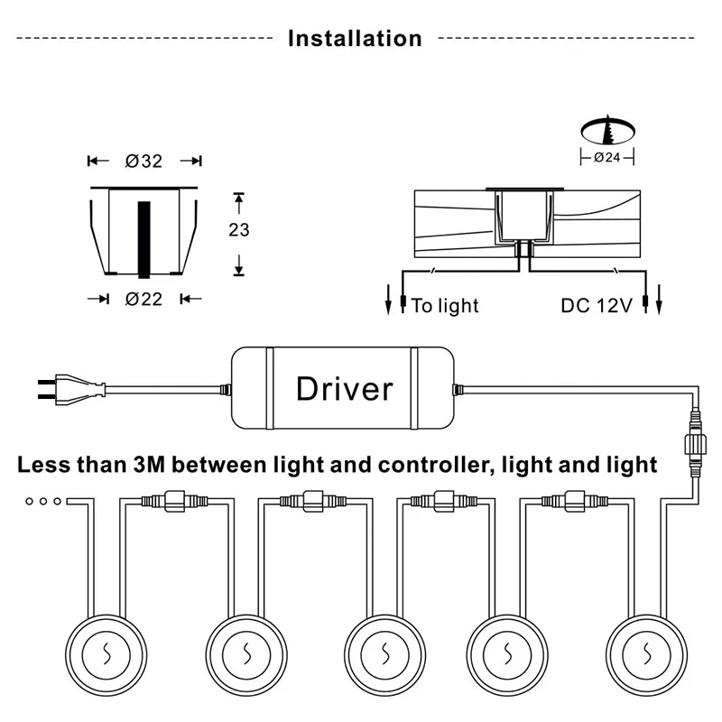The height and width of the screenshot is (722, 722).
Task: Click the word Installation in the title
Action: pyautogui.click(x=355, y=39)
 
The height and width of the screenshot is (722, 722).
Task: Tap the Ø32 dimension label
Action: pyautogui.click(x=143, y=162)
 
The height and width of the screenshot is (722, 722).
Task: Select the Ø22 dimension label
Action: pyautogui.click(x=143, y=300)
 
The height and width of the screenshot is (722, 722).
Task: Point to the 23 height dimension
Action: pyautogui.click(x=239, y=230)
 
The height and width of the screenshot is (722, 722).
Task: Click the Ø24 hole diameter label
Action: pyautogui.click(x=606, y=157)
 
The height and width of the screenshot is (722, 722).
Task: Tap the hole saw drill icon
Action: pyautogui.click(x=607, y=130)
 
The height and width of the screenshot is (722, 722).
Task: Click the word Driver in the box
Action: pyautogui.click(x=345, y=389)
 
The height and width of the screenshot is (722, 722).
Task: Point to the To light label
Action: pyautogui.click(x=445, y=306)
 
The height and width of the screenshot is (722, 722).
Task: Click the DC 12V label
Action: pyautogui.click(x=597, y=306)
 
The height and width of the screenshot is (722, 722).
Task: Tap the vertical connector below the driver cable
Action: pyautogui.click(x=695, y=443)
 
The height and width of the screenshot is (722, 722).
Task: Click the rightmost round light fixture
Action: pyautogui.click(x=646, y=655)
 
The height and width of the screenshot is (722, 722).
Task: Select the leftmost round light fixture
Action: pyautogui.click(x=106, y=655)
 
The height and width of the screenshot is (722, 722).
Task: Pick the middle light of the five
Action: pyautogui.click(x=384, y=655)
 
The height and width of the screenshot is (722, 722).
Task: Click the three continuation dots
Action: pyautogui.click(x=43, y=501)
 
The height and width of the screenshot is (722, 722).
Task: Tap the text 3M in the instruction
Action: pyautogui.click(x=149, y=465)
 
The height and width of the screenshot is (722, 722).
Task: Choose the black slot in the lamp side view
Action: pyautogui.click(x=144, y=239)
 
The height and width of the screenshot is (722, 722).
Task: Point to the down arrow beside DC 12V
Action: pyautogui.click(x=659, y=300)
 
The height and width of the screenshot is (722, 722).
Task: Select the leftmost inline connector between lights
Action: pyautogui.click(x=174, y=501)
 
